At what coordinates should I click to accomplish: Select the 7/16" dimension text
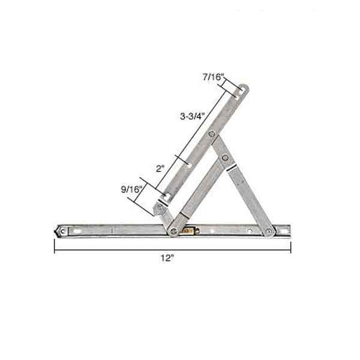click(x=213, y=77)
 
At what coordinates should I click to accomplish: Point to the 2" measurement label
click(x=160, y=169)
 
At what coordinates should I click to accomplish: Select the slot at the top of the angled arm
click(x=241, y=91)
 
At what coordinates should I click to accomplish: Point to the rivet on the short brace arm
click(x=226, y=158)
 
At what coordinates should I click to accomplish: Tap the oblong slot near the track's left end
click(x=77, y=230)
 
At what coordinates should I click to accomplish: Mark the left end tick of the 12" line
click(x=55, y=248)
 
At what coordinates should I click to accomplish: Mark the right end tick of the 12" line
click(x=290, y=248)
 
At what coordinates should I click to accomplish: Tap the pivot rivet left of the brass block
click(x=175, y=229)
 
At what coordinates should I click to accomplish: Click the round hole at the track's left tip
click(x=63, y=230)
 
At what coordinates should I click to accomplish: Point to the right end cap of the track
click(x=288, y=230)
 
